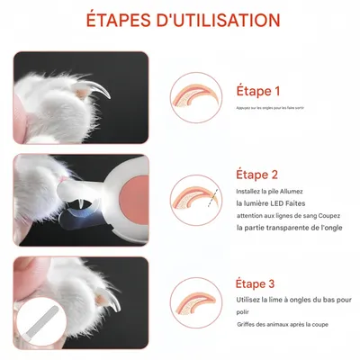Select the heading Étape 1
[258, 91]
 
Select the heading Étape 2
[258, 175]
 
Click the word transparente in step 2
[287, 228]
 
